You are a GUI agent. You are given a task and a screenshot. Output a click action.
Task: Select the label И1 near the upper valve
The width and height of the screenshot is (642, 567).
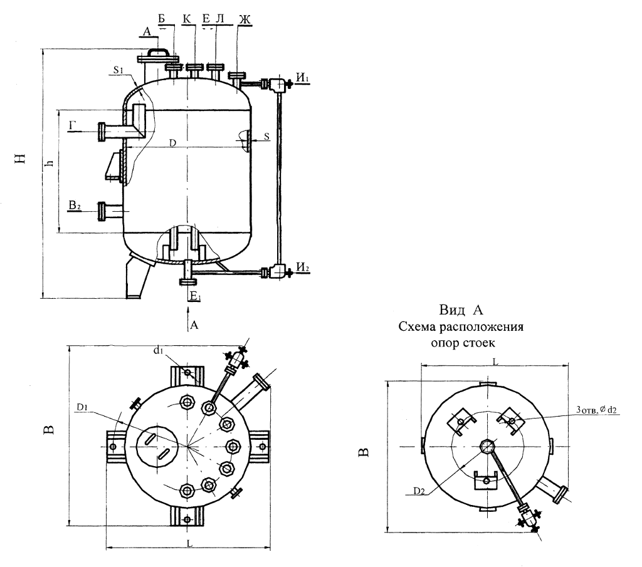click(303, 77)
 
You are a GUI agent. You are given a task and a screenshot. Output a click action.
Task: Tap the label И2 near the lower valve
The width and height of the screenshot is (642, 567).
click(303, 267)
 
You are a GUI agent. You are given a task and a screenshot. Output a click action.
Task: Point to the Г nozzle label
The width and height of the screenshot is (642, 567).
click(72, 125)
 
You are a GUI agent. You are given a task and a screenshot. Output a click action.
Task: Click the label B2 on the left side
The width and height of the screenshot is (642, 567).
click(75, 205)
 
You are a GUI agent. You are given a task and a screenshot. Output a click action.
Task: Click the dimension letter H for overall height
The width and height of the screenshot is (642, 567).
click(21, 159)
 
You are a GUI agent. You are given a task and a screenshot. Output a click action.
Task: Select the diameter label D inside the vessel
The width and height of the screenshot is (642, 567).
click(173, 143)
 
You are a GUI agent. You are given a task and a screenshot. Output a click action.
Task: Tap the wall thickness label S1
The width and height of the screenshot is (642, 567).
click(118, 70)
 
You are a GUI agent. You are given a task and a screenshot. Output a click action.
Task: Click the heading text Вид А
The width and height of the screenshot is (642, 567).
click(461, 310)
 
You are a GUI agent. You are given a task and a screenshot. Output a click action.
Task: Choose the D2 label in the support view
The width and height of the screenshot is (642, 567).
click(419, 491)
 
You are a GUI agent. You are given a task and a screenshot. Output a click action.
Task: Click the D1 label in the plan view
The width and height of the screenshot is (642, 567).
click(82, 407)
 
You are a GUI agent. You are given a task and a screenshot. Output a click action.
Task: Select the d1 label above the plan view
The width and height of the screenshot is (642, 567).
click(159, 351)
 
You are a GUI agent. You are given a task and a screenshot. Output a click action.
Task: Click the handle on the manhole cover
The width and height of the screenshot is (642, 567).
click(159, 51)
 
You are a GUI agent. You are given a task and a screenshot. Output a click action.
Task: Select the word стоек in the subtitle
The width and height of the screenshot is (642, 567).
click(478, 343)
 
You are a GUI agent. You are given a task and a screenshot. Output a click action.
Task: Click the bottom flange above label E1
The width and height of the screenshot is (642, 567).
click(188, 281)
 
